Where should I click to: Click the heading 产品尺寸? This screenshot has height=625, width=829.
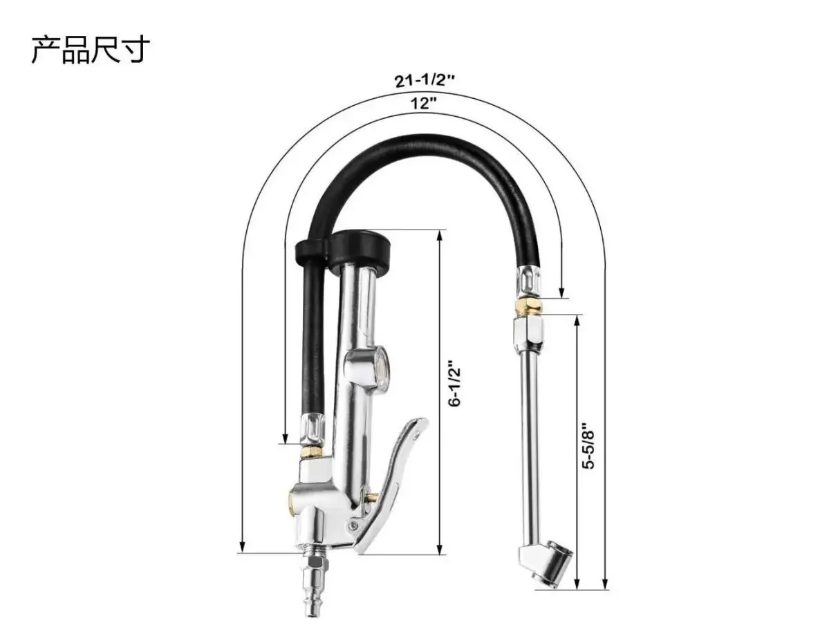click(90, 50)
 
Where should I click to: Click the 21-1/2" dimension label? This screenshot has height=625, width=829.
click(425, 80)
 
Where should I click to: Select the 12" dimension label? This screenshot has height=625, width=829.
click(424, 104)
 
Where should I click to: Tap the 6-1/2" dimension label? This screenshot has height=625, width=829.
click(454, 382)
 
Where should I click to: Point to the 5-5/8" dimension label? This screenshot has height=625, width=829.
click(589, 445)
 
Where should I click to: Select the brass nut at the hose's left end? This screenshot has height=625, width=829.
click(310, 451)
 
